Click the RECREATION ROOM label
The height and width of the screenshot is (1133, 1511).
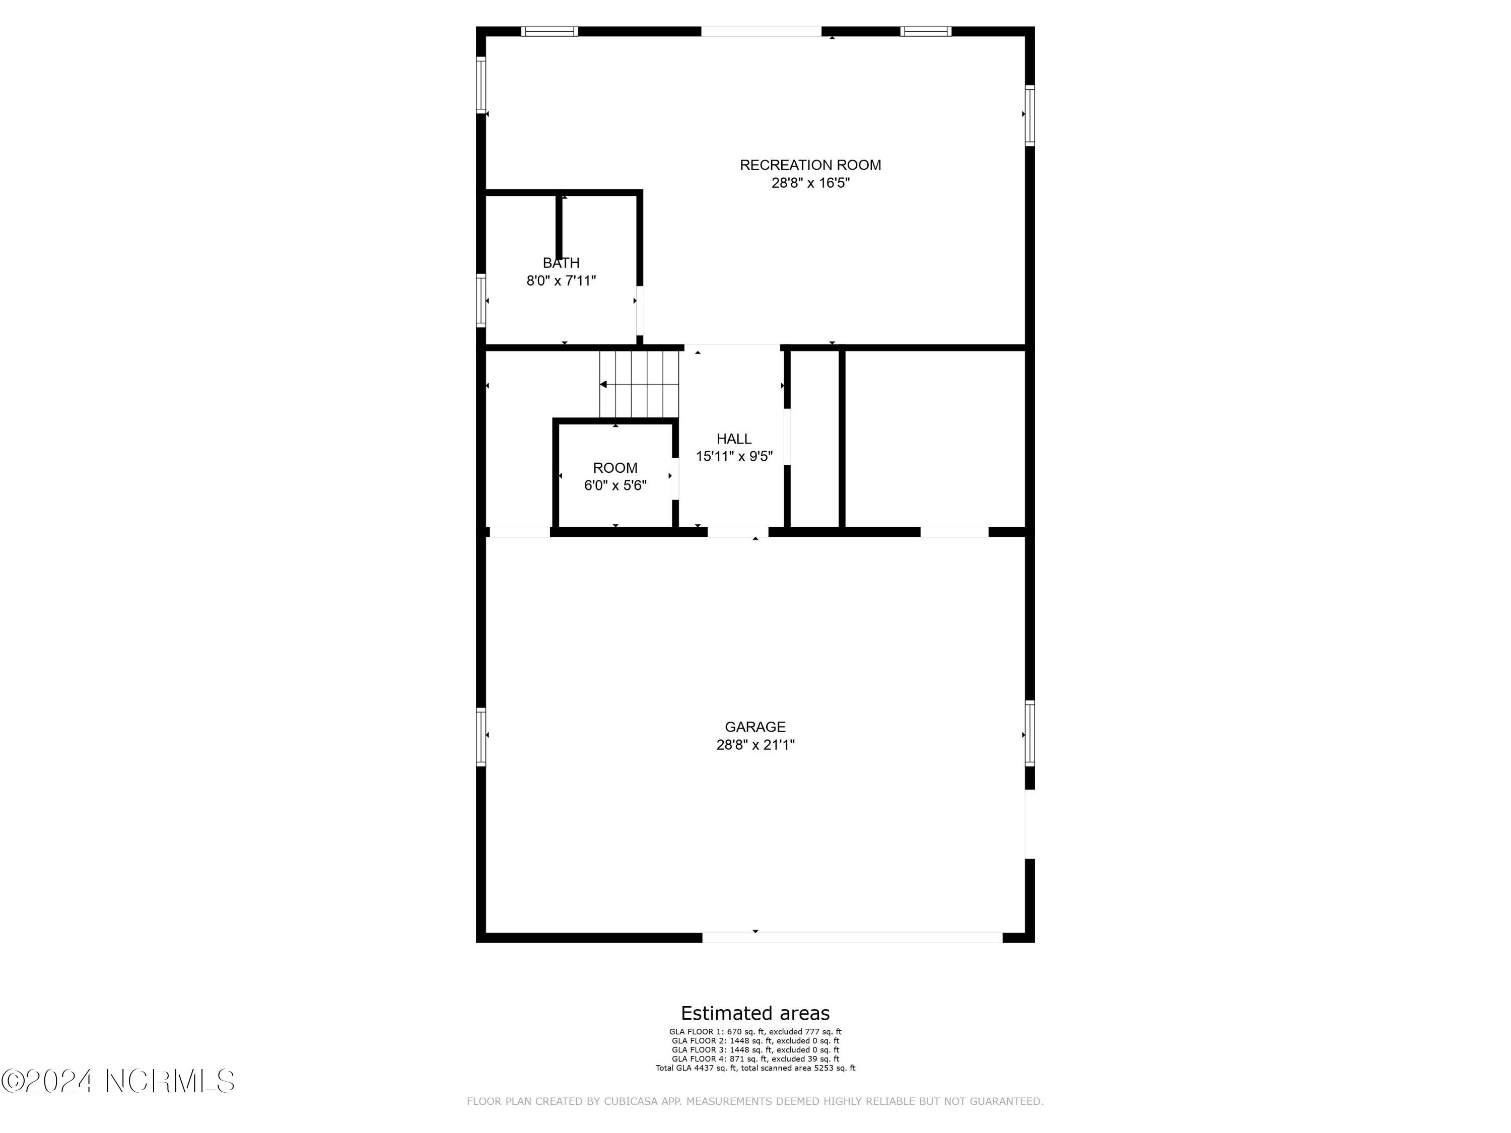tap(810, 165)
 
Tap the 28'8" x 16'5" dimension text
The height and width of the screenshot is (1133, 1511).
tap(810, 183)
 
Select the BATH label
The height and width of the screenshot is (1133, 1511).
tap(561, 263)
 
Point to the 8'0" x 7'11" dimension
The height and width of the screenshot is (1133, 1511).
tap(561, 280)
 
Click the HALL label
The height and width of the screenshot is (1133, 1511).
tap(734, 439)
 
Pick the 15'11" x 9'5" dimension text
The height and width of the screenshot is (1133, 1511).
tap(734, 457)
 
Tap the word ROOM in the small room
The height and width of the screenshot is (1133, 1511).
tap(615, 468)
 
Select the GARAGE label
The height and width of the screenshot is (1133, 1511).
tap(755, 727)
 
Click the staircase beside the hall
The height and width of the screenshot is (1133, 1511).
tap(639, 384)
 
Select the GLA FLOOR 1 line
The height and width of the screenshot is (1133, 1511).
tap(755, 1032)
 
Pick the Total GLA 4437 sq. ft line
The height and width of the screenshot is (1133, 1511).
tap(755, 1068)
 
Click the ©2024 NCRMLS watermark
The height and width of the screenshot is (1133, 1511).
tap(117, 1081)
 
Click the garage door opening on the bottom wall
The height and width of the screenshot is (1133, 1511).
tap(852, 938)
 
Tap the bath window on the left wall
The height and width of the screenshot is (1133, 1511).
tap(481, 301)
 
